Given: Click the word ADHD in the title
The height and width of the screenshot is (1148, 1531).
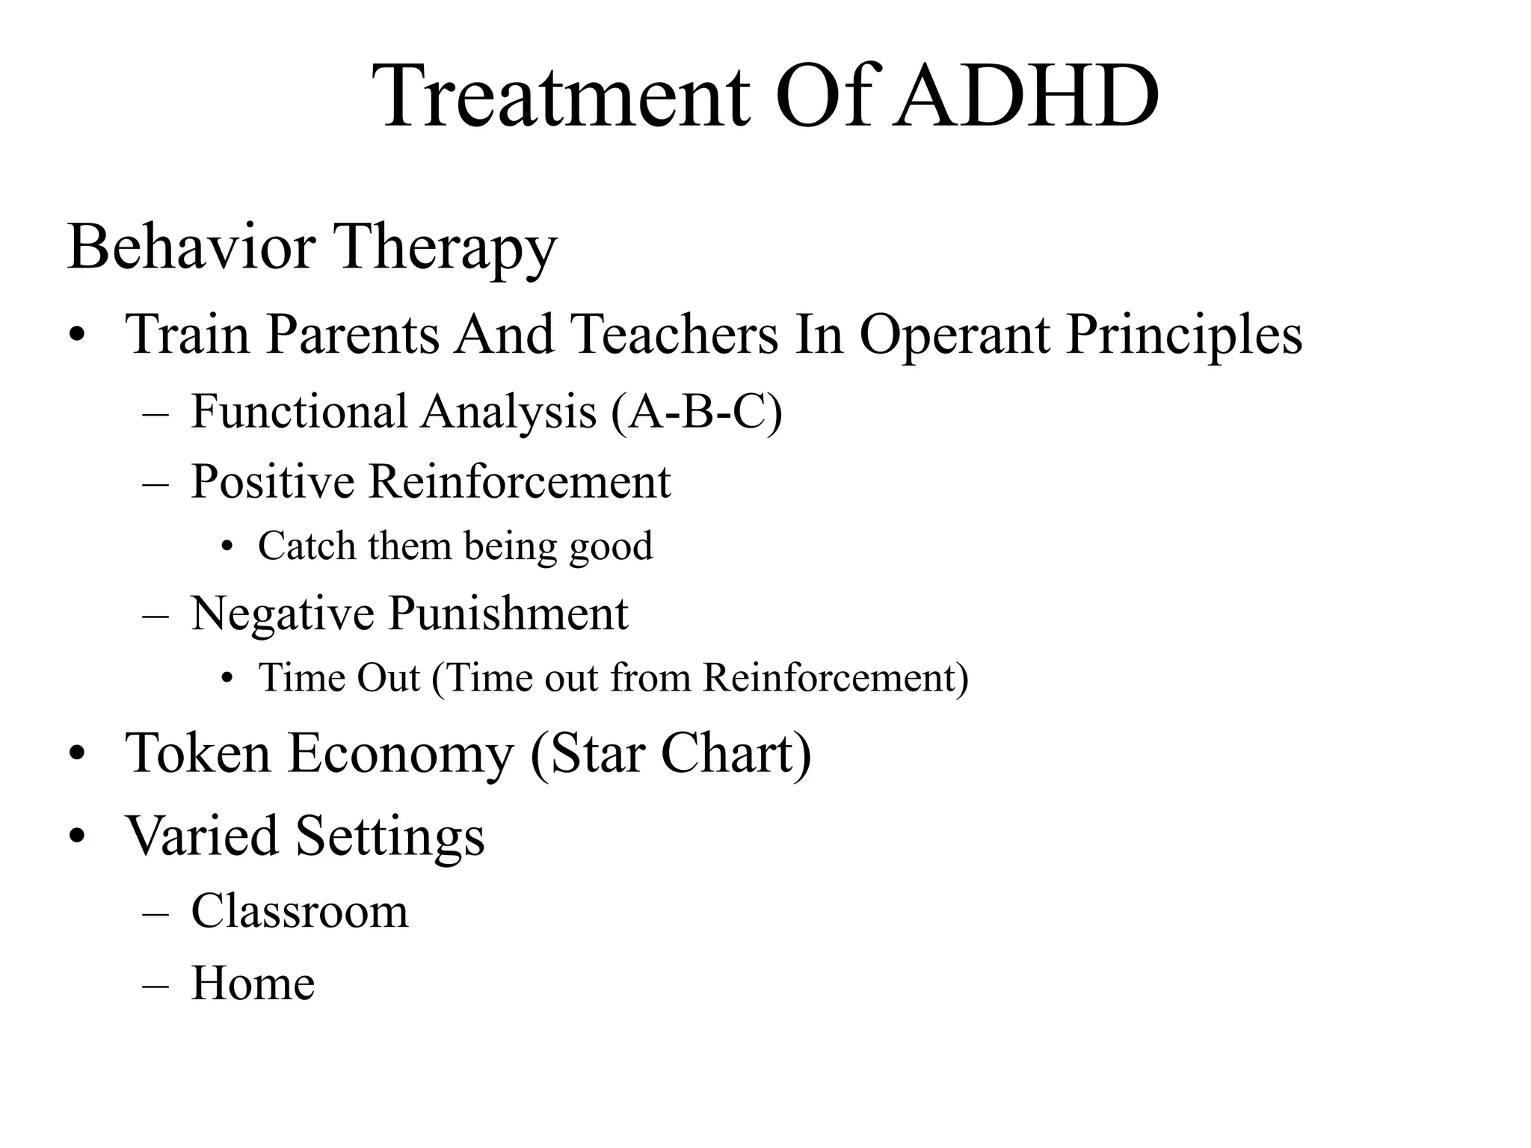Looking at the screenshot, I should coord(1027,97).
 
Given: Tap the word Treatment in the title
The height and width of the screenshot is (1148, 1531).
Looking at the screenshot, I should coord(562,97).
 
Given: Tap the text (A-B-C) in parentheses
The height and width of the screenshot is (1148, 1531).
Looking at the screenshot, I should coord(697,412).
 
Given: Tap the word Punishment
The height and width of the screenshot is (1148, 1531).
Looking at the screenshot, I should coord(508,614).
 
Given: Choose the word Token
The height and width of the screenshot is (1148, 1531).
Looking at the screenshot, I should coord(198,753).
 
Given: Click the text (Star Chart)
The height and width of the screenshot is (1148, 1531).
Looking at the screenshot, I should coord(671,753).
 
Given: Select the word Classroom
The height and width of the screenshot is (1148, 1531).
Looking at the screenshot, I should coord(300,912).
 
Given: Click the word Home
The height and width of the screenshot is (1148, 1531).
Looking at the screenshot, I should coord(253,984).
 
